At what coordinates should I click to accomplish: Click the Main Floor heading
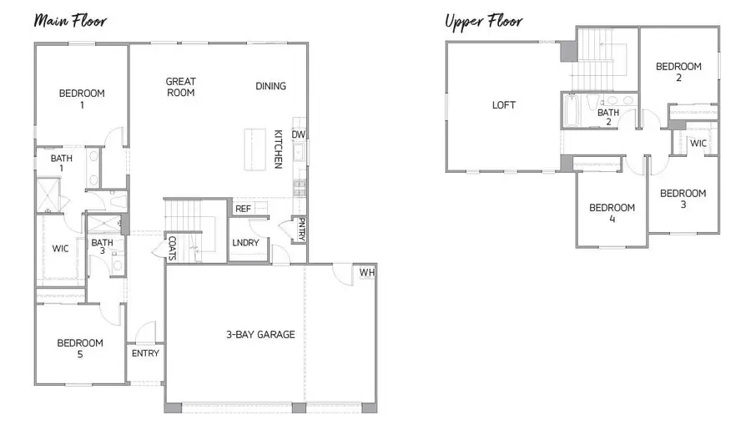pos(70,20)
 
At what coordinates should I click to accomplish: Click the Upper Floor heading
pos(484,20)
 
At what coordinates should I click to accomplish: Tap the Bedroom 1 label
pos(82,99)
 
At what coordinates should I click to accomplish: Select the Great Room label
pos(180,87)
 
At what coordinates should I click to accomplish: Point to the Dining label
pos(270,86)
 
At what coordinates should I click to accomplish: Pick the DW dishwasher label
pos(298,134)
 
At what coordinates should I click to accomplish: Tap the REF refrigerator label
pos(243,209)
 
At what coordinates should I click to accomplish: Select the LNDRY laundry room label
pos(245,243)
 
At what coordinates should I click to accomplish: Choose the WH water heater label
pos(366,273)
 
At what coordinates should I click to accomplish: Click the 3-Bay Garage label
pos(260,335)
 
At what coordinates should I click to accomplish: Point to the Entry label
pos(145,353)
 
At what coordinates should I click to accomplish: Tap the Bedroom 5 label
pos(80,348)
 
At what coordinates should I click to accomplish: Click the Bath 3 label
pos(103,248)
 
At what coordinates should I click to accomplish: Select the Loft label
pos(504,105)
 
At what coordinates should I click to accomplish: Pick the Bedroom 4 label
pos(612,214)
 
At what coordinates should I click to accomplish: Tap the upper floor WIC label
pos(698,144)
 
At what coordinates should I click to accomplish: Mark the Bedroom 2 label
pos(678,72)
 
